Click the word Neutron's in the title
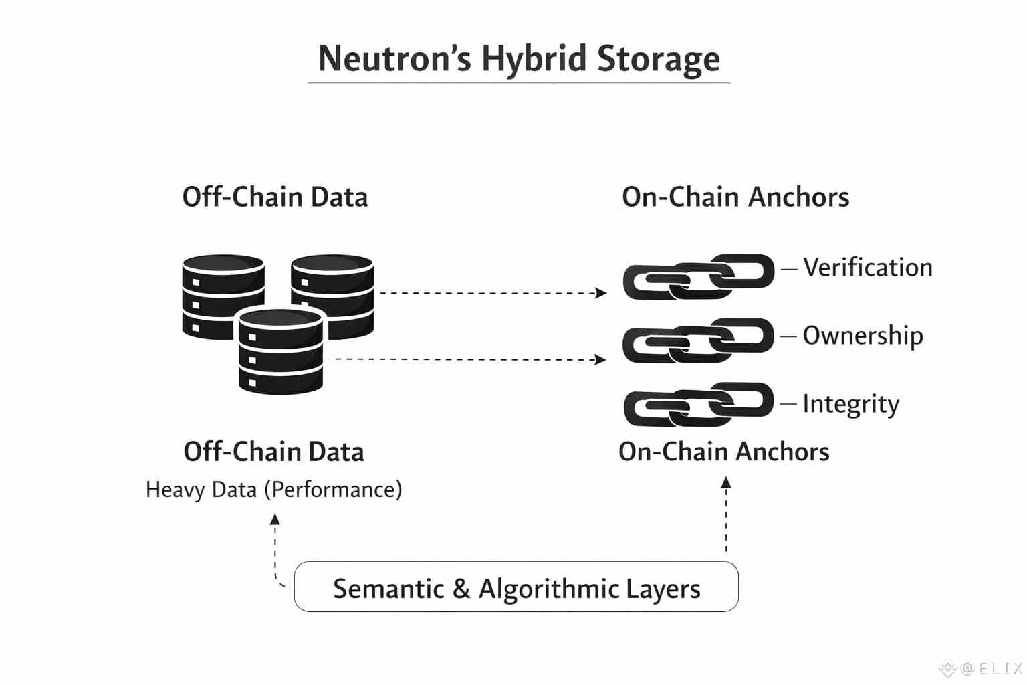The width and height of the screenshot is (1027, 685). tap(394, 59)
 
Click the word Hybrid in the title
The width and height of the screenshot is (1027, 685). tap(534, 60)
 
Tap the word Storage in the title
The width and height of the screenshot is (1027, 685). tap(659, 60)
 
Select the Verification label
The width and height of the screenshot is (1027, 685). tap(868, 268)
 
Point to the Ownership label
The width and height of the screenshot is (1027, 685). tap(863, 336)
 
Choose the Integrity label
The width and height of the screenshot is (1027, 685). tap(851, 404)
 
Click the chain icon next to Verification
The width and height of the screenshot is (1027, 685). tap(699, 277)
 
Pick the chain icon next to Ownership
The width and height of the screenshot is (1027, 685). tap(698, 340)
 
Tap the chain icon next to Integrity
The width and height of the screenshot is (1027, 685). tap(698, 404)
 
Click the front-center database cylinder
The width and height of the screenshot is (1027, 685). tap(281, 351)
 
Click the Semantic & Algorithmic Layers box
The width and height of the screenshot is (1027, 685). tap(516, 587)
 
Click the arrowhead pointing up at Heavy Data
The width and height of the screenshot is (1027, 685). tap(275, 519)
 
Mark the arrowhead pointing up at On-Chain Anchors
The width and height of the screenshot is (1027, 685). tap(725, 482)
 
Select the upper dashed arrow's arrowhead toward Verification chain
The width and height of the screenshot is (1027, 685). tap(600, 293)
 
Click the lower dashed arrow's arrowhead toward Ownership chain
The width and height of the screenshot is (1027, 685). tap(600, 359)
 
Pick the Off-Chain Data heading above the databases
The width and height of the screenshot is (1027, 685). tap(275, 197)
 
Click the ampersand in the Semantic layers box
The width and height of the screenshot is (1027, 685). tap(461, 589)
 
